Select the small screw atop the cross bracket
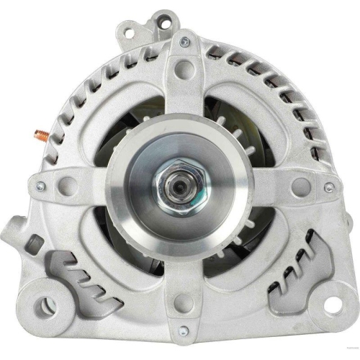[x=185, y=42]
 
